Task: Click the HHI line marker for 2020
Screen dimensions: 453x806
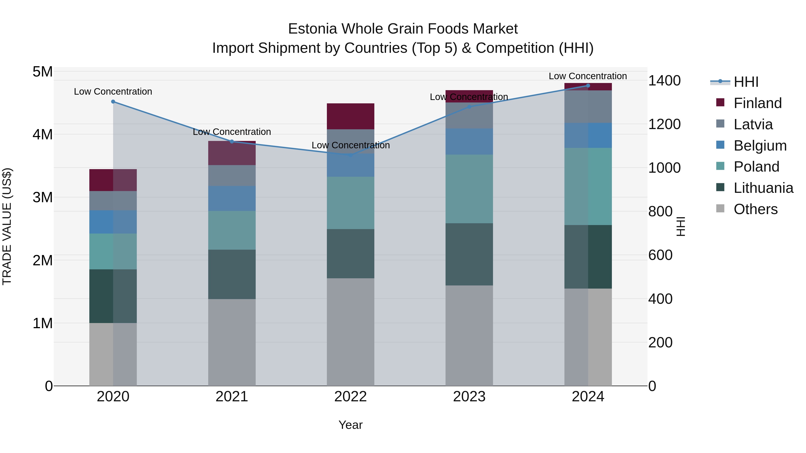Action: (x=113, y=102)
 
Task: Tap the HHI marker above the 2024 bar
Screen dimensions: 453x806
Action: (x=588, y=86)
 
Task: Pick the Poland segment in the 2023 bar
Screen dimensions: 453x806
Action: (x=469, y=189)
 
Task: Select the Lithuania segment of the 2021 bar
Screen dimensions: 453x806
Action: (x=232, y=274)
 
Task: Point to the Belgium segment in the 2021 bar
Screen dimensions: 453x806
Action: (x=232, y=198)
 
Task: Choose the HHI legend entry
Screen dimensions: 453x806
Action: (x=746, y=82)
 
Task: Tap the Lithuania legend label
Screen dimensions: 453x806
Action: (x=763, y=188)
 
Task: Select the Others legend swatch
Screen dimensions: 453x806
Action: (x=720, y=208)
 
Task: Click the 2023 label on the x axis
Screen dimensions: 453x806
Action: (x=469, y=397)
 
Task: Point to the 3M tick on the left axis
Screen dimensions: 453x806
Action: (x=43, y=197)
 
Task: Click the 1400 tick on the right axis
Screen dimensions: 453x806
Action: (x=664, y=81)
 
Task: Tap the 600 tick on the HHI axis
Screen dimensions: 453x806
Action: (x=660, y=255)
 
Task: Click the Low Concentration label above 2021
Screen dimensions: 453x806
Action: (x=232, y=132)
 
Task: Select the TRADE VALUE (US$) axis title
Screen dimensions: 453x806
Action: (x=7, y=226)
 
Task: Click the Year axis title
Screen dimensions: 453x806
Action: (x=350, y=425)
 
